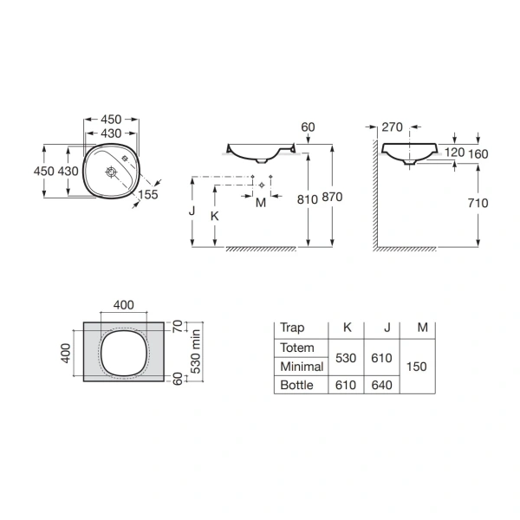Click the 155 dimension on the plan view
147,196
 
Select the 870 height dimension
332,197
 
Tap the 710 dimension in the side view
477,203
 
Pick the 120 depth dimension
454,153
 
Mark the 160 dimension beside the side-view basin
478,153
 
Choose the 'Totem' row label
296,348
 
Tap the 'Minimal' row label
301,367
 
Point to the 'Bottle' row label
296,385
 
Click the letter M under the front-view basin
260,203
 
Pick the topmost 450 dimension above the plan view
110,120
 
